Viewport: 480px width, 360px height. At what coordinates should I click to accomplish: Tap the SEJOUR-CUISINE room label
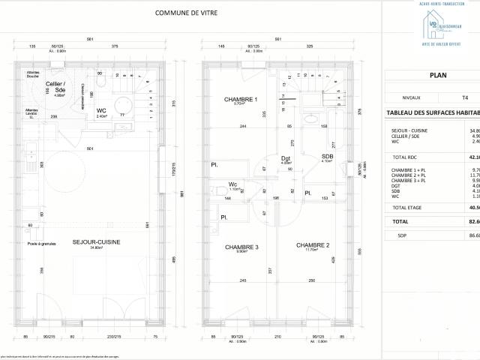pos(93,243)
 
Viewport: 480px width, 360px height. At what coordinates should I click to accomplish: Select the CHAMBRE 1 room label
pos(240,100)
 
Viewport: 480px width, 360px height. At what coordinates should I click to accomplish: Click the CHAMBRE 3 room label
pos(241,247)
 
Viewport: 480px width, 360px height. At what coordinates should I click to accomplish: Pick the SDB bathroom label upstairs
pos(327,156)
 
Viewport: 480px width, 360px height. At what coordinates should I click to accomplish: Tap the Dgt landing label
pos(286,158)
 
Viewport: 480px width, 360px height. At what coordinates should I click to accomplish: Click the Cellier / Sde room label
pos(55,85)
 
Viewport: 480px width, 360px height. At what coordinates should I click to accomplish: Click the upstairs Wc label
pos(233,184)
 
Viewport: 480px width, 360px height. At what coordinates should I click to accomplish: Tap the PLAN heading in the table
pos(438,75)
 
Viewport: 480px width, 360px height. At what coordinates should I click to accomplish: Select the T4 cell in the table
pos(465,97)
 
